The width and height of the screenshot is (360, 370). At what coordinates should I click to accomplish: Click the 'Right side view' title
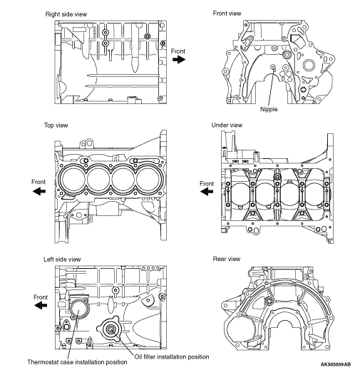pos(66,14)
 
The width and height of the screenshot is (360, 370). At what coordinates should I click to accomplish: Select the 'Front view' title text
pos(227,14)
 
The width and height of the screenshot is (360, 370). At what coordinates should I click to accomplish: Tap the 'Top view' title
pos(56,125)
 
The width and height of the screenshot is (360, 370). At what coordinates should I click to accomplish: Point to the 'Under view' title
pos(227,125)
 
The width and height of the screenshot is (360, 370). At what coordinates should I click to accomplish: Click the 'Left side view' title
pos(62,259)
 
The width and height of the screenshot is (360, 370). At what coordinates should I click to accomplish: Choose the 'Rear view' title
pos(227,259)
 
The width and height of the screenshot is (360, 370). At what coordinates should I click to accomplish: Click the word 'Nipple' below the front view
pos(269,109)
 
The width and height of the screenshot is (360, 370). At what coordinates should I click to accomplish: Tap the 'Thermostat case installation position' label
pos(77,362)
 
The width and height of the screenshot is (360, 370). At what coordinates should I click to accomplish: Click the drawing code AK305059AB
pos(336,364)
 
